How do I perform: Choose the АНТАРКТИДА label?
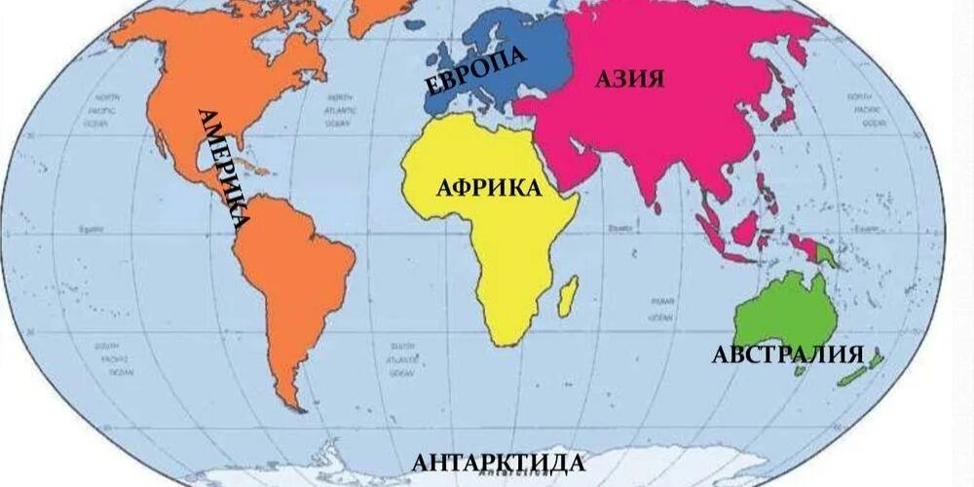(499, 462)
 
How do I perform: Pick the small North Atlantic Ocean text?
(339, 111)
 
